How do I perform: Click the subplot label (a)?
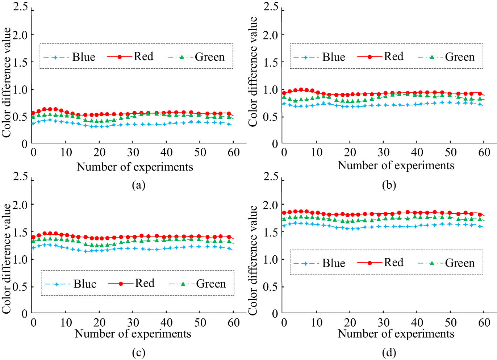coord(138,185)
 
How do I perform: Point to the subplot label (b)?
coord(389,185)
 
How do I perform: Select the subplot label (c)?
coord(138,353)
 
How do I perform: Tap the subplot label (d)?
coord(389,353)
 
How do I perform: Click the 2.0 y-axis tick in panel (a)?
coord(20,35)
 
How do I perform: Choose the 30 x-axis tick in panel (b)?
coord(384,152)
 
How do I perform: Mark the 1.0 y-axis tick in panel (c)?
coord(20,259)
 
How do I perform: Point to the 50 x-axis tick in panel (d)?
coord(450,322)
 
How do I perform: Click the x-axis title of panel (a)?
coord(135,167)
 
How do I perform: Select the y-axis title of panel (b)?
coord(253,71)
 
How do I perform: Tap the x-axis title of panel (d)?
coord(396,334)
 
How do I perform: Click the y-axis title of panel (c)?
coord(7,259)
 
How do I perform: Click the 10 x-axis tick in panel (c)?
coord(66,322)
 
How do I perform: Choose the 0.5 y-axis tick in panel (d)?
coord(271,286)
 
